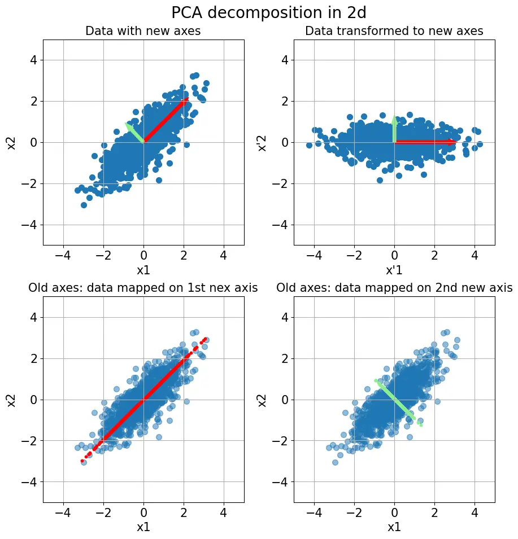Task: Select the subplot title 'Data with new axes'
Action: [143, 31]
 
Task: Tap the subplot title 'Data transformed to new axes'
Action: [394, 31]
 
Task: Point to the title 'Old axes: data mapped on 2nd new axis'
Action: [394, 288]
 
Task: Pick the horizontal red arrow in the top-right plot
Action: [424, 142]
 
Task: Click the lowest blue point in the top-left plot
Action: [84, 205]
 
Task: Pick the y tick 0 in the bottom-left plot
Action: [32, 400]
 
